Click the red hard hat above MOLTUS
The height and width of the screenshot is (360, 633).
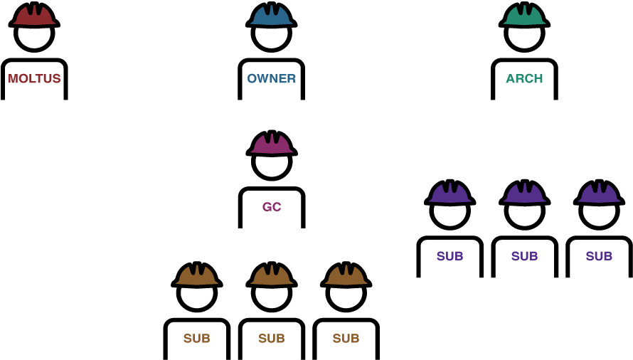pyautogui.click(x=34, y=15)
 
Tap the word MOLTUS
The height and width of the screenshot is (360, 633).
pyautogui.click(x=34, y=78)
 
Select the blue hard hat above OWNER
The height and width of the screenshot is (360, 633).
pyautogui.click(x=271, y=15)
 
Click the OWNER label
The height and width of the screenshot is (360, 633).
pyautogui.click(x=271, y=78)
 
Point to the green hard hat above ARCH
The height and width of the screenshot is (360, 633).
pyautogui.click(x=524, y=15)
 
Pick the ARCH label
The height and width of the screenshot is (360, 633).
pyautogui.click(x=524, y=78)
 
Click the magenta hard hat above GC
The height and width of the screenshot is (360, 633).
pyautogui.click(x=272, y=144)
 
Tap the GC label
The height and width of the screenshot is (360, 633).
pyautogui.click(x=272, y=207)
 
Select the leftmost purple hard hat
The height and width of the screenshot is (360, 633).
pyautogui.click(x=450, y=193)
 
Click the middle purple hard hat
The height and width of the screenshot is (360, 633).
pyautogui.click(x=524, y=193)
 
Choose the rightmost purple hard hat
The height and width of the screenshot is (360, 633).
pyautogui.click(x=599, y=193)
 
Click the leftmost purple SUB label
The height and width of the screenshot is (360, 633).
pyautogui.click(x=450, y=256)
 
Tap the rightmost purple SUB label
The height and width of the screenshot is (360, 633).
pyautogui.click(x=599, y=256)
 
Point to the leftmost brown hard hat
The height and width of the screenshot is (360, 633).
pyautogui.click(x=197, y=275)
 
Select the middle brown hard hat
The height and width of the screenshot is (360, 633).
pyautogui.click(x=272, y=275)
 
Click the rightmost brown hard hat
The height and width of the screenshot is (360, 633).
pyautogui.click(x=346, y=275)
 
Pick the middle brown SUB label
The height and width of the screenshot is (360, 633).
pyautogui.click(x=272, y=338)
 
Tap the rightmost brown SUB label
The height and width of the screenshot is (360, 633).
pyautogui.click(x=346, y=338)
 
